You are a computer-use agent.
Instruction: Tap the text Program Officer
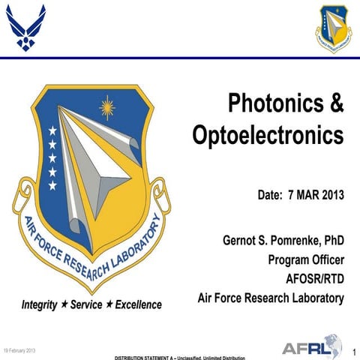[x=306, y=260]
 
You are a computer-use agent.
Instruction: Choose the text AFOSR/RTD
[x=314, y=279]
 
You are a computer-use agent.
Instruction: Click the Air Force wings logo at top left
[x=25, y=25]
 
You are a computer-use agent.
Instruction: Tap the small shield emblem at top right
[x=333, y=28]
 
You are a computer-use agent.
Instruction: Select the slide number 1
[x=352, y=350]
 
